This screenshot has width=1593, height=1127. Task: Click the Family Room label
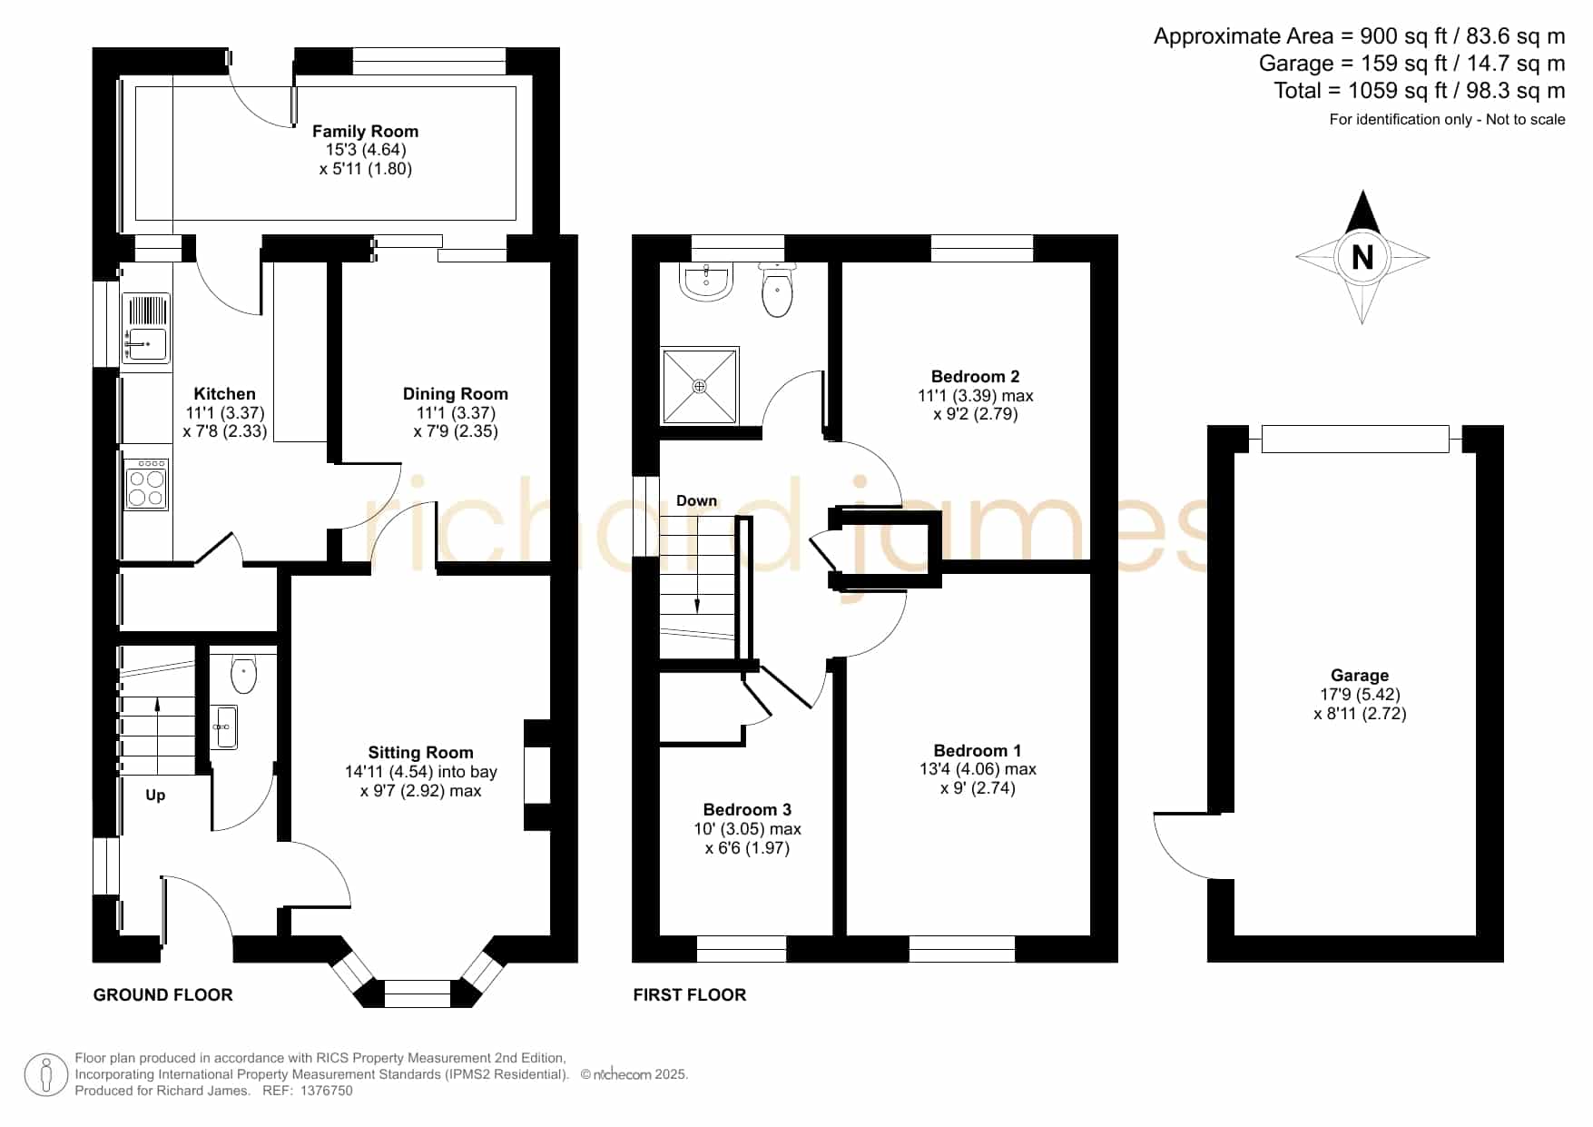pyautogui.click(x=365, y=132)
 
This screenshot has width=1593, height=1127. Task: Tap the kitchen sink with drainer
pyautogui.click(x=145, y=329)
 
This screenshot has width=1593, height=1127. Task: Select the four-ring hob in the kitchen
pyautogui.click(x=145, y=485)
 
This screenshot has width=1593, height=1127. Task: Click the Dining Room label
pyautogui.click(x=455, y=394)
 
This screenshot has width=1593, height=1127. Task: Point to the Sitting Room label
pyautogui.click(x=420, y=753)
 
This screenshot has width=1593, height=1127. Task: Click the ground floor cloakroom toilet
pyautogui.click(x=243, y=674)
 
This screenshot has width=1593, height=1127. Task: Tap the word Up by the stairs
pyautogui.click(x=155, y=796)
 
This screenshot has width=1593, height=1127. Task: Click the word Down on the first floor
pyautogui.click(x=696, y=501)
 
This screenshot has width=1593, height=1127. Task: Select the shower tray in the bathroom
pyautogui.click(x=700, y=385)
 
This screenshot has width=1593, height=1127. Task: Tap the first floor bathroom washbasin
pyautogui.click(x=705, y=282)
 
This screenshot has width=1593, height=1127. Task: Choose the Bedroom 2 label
pyautogui.click(x=975, y=377)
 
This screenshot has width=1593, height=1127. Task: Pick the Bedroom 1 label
pyautogui.click(x=977, y=751)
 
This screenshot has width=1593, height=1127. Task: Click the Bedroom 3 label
pyautogui.click(x=747, y=810)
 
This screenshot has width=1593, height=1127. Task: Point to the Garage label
pyautogui.click(x=1359, y=676)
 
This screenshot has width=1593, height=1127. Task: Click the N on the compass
pyautogui.click(x=1362, y=258)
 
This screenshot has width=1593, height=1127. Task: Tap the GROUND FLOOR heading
pyautogui.click(x=163, y=995)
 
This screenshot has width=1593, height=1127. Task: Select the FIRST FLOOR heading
pyautogui.click(x=690, y=995)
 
